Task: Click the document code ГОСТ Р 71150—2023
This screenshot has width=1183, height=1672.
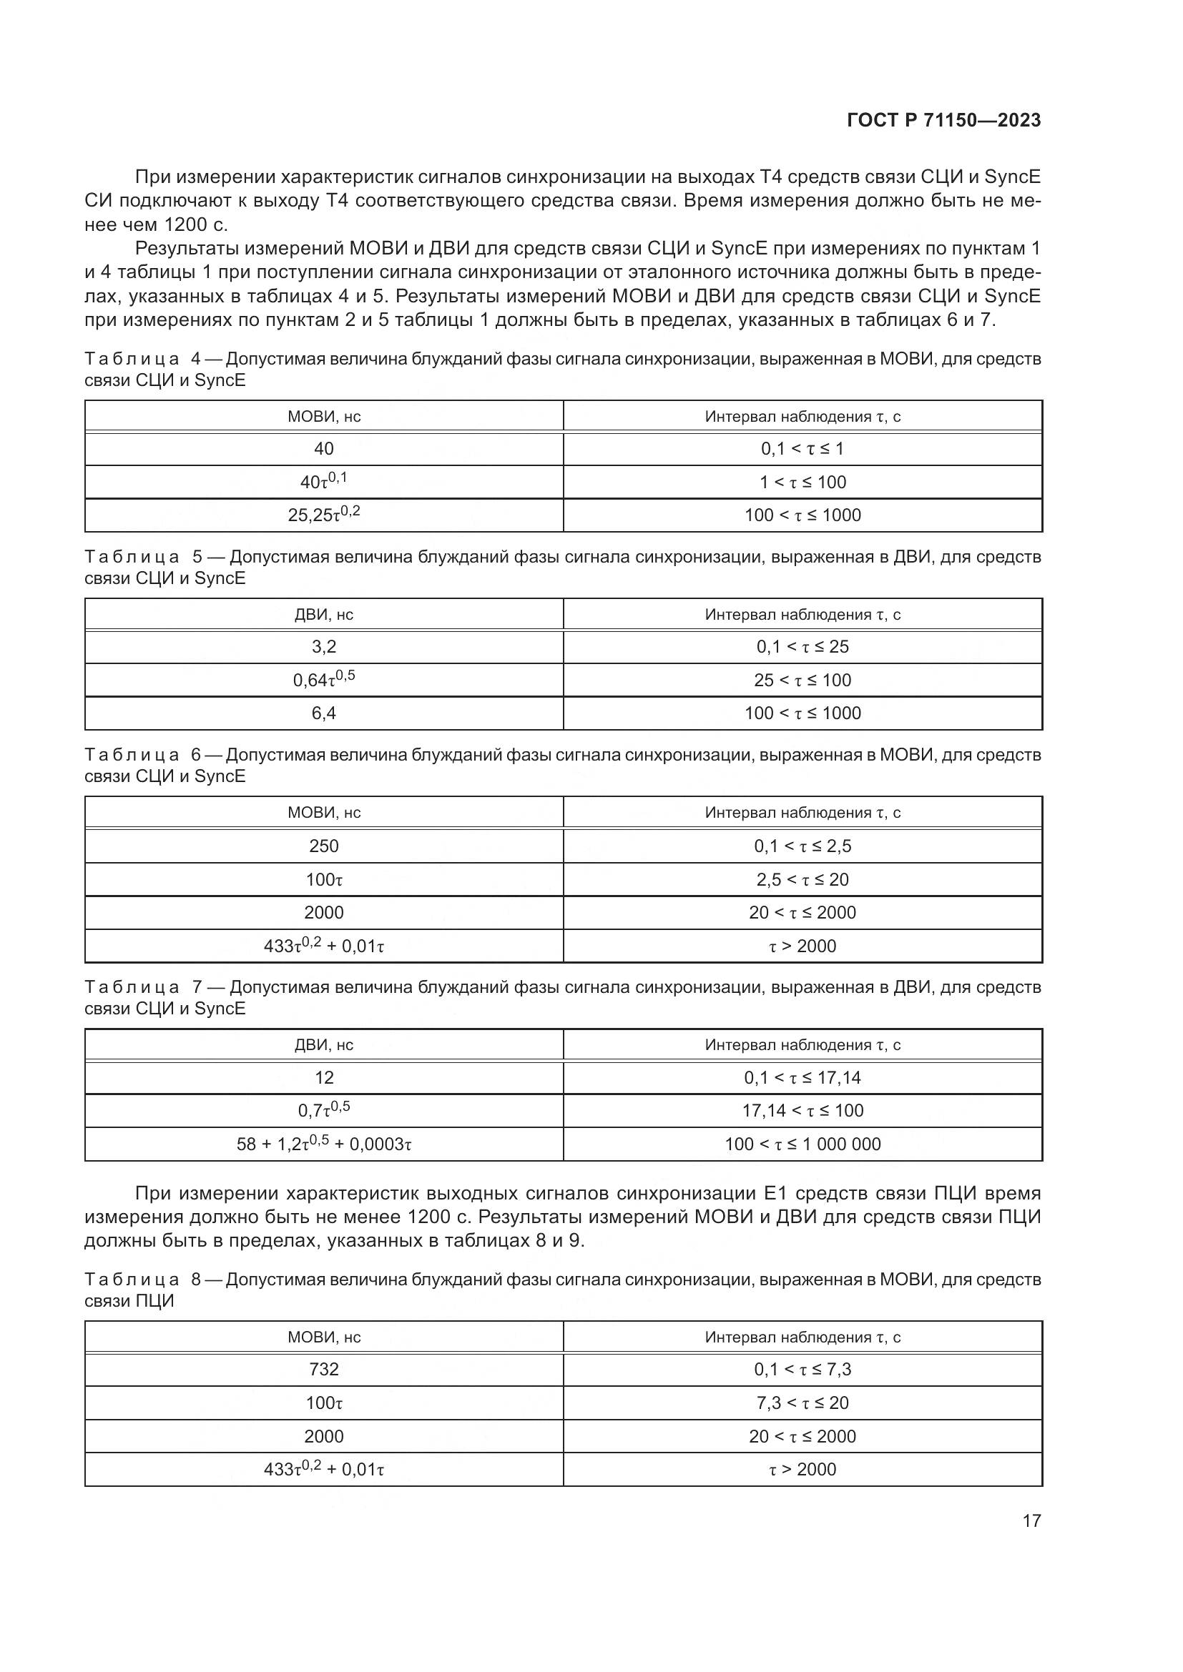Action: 944,120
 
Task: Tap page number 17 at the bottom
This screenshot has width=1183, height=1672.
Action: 1031,1520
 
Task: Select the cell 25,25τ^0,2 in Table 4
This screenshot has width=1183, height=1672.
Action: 323,515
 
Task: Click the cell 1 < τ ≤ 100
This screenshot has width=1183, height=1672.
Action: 802,482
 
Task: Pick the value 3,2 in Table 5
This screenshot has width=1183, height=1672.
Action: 323,647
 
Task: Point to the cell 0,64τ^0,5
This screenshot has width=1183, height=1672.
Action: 323,680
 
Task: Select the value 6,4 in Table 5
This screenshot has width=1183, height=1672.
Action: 323,713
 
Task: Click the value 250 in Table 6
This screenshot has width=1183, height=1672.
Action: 323,846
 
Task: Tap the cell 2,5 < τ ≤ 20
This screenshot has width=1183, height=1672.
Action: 802,879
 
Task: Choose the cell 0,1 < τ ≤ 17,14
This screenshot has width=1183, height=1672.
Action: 802,1078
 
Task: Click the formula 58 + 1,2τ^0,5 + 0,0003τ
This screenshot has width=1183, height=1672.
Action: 323,1144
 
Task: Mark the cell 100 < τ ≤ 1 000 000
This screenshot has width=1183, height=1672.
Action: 802,1144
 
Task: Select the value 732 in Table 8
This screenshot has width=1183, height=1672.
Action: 323,1369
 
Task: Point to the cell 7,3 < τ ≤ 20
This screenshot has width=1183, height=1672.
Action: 802,1403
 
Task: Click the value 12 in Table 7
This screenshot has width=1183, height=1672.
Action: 323,1078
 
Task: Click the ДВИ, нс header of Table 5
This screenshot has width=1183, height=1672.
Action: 323,615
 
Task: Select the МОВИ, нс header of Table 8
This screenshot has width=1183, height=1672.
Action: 323,1337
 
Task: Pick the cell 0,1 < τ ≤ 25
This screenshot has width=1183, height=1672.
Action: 802,647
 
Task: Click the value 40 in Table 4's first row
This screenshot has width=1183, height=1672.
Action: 323,449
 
